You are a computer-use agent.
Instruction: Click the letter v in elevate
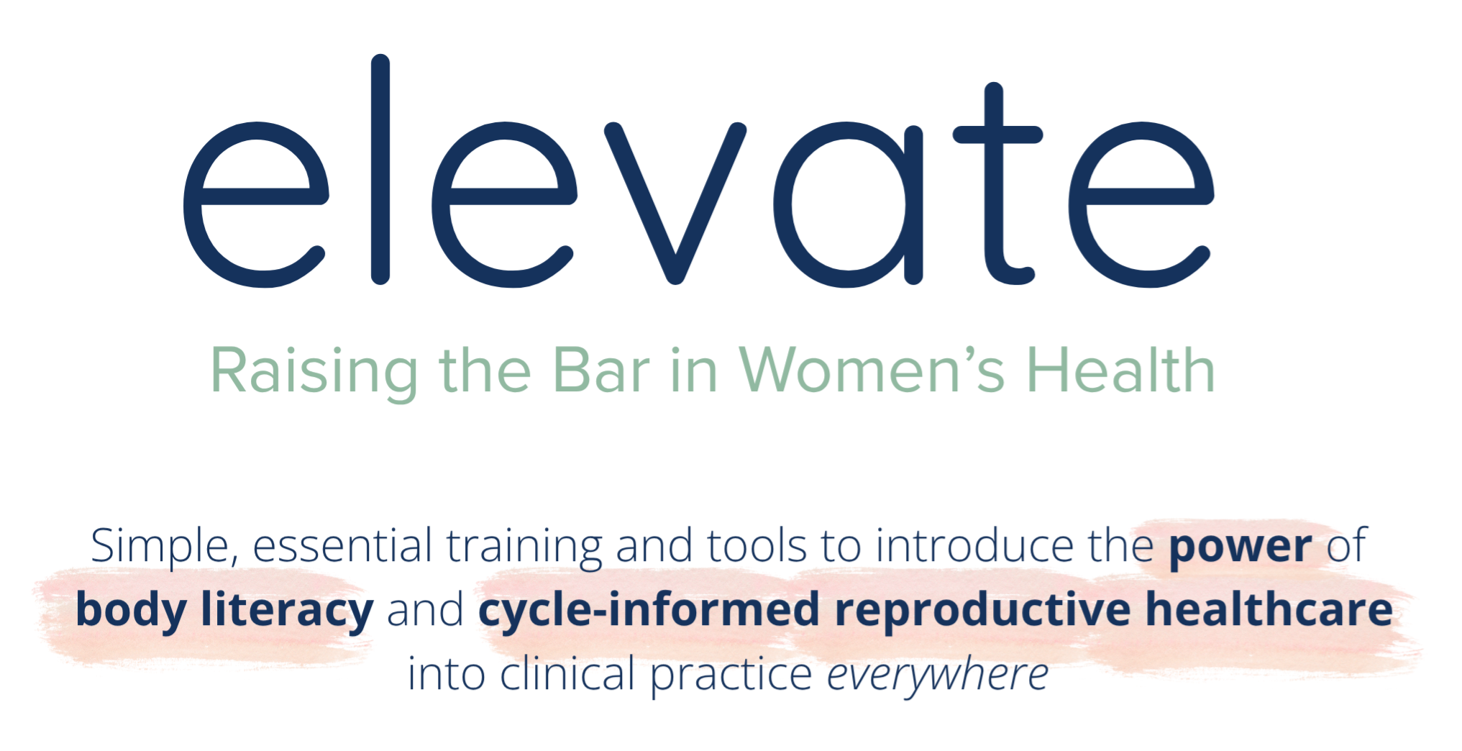[x=675, y=204]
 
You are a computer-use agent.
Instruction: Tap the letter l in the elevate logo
[x=380, y=169]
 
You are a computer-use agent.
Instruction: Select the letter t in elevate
[x=997, y=183]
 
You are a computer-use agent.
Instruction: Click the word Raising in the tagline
[x=314, y=372]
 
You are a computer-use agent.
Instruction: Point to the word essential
[x=342, y=546]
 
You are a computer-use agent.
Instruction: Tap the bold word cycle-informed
[x=649, y=611]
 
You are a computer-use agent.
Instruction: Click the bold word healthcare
[x=1269, y=609]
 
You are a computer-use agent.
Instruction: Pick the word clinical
[x=567, y=674]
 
